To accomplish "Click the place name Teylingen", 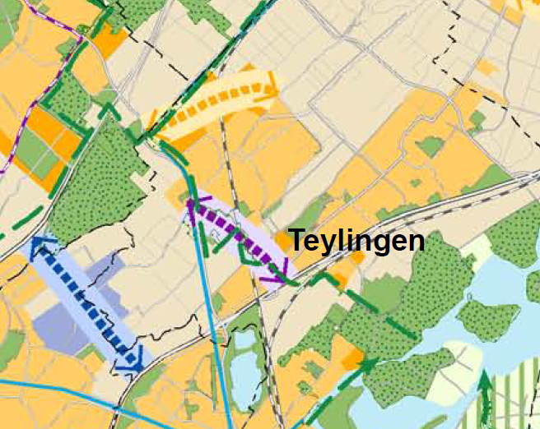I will (x=356, y=241).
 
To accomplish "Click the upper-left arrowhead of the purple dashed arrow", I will (x=194, y=208).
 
